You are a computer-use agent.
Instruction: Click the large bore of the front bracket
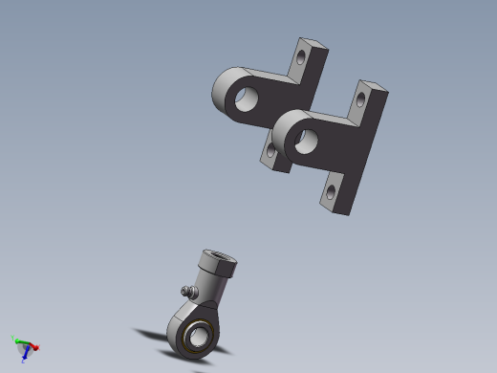[x=306, y=142]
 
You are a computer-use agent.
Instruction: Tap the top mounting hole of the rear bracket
[x=303, y=55]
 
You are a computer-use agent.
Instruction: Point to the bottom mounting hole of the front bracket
[x=332, y=192]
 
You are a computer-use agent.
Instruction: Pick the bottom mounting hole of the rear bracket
[x=271, y=150]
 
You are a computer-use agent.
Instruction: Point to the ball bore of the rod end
[x=198, y=338]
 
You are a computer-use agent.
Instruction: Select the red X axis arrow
[x=33, y=346]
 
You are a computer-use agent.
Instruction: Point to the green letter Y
[x=12, y=337]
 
